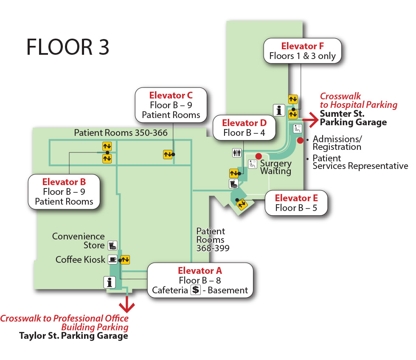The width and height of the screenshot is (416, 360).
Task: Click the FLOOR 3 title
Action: [68, 47]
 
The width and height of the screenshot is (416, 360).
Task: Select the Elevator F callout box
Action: [302, 51]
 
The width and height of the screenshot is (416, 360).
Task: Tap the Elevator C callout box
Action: [171, 105]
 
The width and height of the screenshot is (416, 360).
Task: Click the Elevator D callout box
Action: [245, 127]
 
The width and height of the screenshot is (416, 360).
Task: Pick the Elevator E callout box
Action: [296, 203]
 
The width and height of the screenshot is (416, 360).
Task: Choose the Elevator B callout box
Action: [64, 191]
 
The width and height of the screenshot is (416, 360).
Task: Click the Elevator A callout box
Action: [200, 280]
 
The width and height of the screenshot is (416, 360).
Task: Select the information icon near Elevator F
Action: [279, 110]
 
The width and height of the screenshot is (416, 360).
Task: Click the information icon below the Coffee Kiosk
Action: [110, 282]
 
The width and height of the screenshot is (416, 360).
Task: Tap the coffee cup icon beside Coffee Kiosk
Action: [112, 259]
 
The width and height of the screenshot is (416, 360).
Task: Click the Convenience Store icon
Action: [112, 245]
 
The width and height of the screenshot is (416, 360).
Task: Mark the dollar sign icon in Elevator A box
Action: [195, 290]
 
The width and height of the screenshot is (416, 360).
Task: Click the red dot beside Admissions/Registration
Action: [300, 141]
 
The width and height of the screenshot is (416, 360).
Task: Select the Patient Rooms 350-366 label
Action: [121, 133]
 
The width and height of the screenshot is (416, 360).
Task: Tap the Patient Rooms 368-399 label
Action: [212, 240]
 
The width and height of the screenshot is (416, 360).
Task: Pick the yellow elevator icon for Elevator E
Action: [242, 204]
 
